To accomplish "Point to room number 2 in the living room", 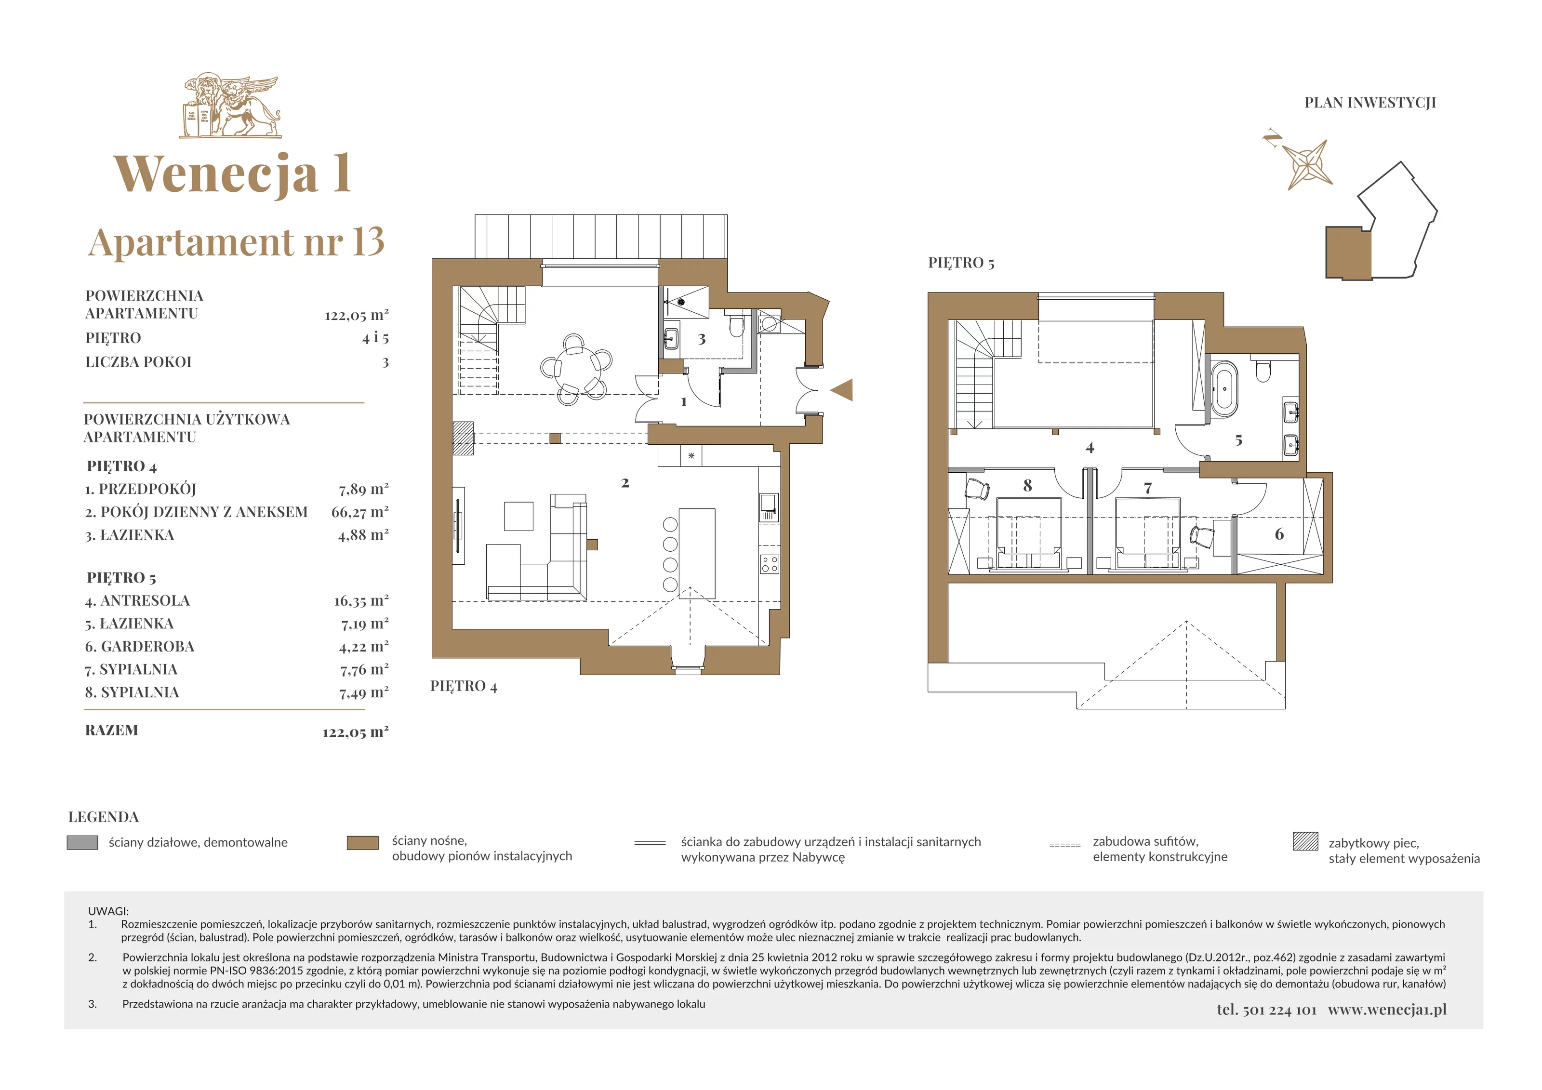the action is (625, 483).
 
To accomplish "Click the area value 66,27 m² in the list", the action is (360, 512).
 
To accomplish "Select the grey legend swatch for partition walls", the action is (82, 842).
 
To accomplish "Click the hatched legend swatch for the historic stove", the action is (1305, 841).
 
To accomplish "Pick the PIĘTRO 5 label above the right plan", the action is (961, 263).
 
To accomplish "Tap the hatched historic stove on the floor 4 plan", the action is (463, 439).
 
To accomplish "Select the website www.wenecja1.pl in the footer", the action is (1387, 1010).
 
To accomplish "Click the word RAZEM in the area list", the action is (111, 730).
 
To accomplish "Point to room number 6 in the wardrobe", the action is (1279, 534).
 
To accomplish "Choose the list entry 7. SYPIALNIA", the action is (132, 670).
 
